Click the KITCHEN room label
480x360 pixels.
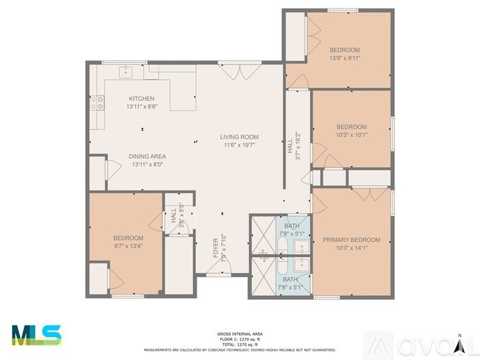141,99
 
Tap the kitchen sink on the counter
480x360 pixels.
126,71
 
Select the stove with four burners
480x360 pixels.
96,103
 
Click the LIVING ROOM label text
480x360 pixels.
239,137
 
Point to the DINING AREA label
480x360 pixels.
148,156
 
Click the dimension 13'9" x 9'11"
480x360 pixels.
345,58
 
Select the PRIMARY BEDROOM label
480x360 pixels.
351,240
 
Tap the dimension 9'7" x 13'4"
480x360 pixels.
128,246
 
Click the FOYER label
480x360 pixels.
215,247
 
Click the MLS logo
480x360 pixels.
37,336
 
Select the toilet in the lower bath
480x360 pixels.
264,254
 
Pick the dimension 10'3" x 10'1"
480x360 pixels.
351,135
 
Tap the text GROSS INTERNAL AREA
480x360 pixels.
239,334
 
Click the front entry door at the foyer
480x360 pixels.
219,269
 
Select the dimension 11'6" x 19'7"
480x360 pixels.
239,145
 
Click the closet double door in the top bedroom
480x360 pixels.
312,35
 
